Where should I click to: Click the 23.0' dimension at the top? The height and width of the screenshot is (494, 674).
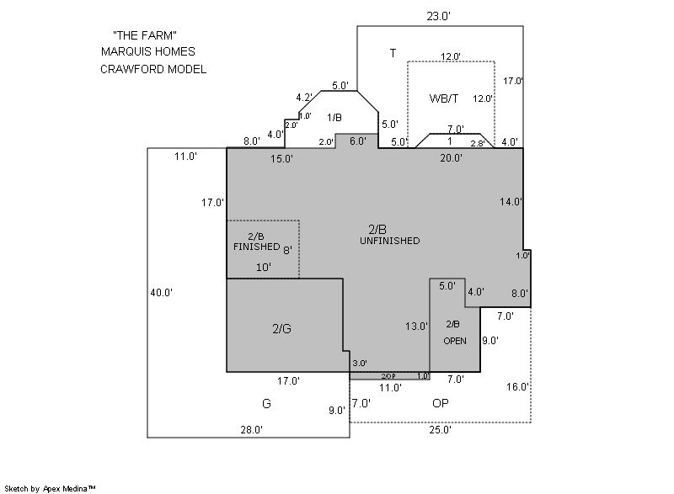click(x=438, y=16)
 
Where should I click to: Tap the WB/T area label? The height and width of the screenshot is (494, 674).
click(x=444, y=98)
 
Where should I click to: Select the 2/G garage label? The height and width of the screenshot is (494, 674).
click(x=282, y=329)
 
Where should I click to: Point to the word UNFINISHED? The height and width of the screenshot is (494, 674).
click(x=390, y=241)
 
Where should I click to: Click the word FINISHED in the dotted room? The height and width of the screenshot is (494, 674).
click(x=257, y=247)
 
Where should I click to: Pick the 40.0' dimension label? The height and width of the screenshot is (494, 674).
click(x=162, y=293)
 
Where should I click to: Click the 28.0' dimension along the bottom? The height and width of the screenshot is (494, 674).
click(x=251, y=430)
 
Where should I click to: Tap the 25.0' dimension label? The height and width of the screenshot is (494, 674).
click(x=440, y=430)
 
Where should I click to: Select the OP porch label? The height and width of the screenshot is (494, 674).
click(x=441, y=403)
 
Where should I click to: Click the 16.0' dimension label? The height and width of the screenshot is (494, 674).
click(x=517, y=387)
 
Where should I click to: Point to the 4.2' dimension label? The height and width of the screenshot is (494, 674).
click(x=304, y=98)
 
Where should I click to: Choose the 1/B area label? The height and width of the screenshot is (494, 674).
click(x=334, y=118)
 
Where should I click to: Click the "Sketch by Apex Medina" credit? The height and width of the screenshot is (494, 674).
click(x=51, y=488)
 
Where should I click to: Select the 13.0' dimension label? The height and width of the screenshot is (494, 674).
click(x=416, y=327)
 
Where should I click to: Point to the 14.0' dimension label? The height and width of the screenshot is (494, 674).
click(x=511, y=202)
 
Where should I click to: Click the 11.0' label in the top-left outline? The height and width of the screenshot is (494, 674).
click(x=185, y=157)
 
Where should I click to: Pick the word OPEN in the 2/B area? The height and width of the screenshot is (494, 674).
click(x=455, y=341)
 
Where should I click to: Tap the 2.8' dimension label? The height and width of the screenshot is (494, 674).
click(x=478, y=143)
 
